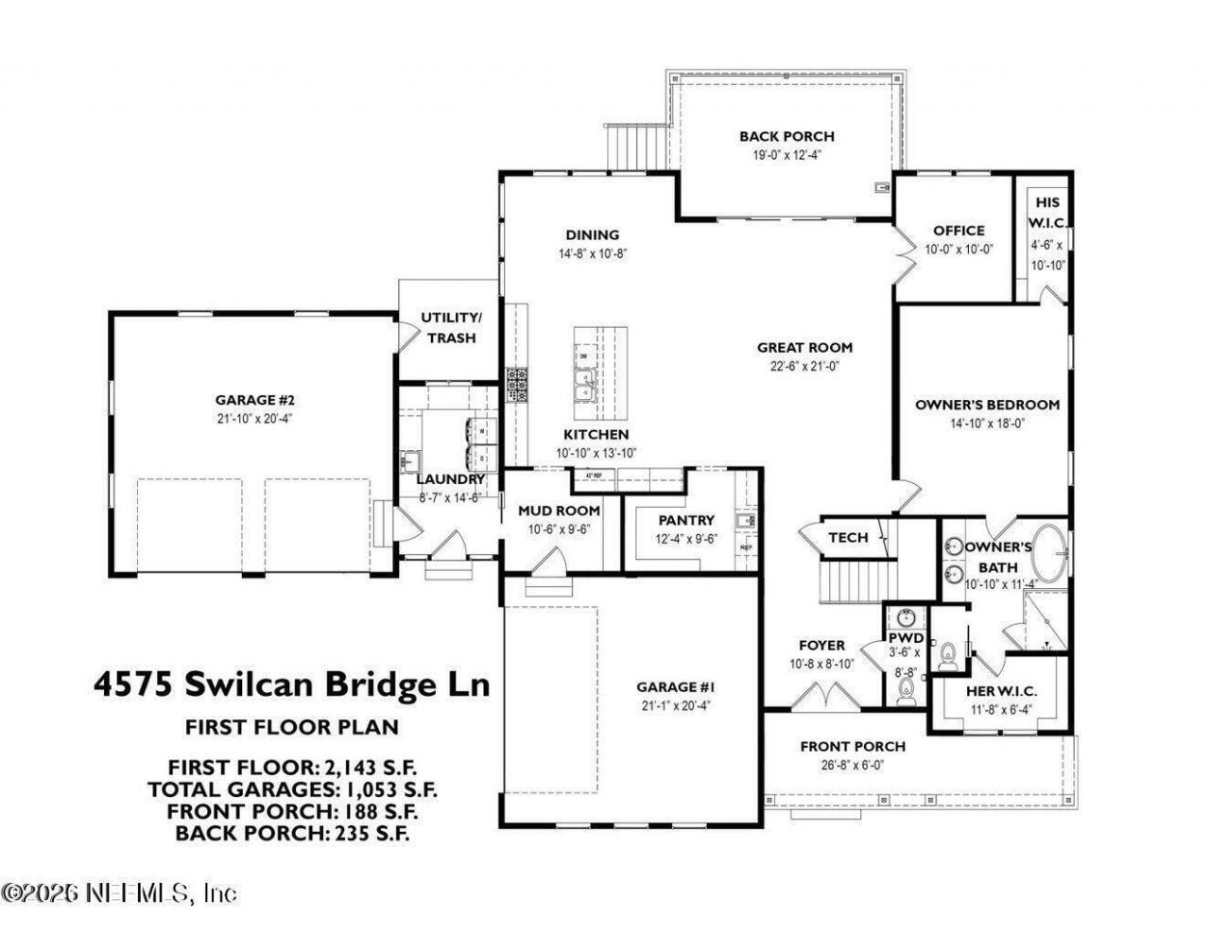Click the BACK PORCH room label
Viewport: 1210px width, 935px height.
[786, 136]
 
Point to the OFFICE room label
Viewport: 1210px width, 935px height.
[959, 230]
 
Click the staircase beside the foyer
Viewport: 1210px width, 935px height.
[854, 581]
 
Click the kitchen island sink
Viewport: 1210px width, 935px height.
[584, 388]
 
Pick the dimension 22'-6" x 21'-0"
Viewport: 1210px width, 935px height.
[804, 367]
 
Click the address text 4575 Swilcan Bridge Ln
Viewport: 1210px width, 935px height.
[291, 683]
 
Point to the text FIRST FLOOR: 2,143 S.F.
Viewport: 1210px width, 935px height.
[292, 766]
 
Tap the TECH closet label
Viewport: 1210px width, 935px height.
[848, 537]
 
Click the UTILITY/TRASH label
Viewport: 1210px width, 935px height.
[451, 327]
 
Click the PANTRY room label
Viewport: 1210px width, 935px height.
[686, 520]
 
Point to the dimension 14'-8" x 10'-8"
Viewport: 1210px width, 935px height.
[592, 253]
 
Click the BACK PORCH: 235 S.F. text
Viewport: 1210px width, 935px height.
[292, 833]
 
